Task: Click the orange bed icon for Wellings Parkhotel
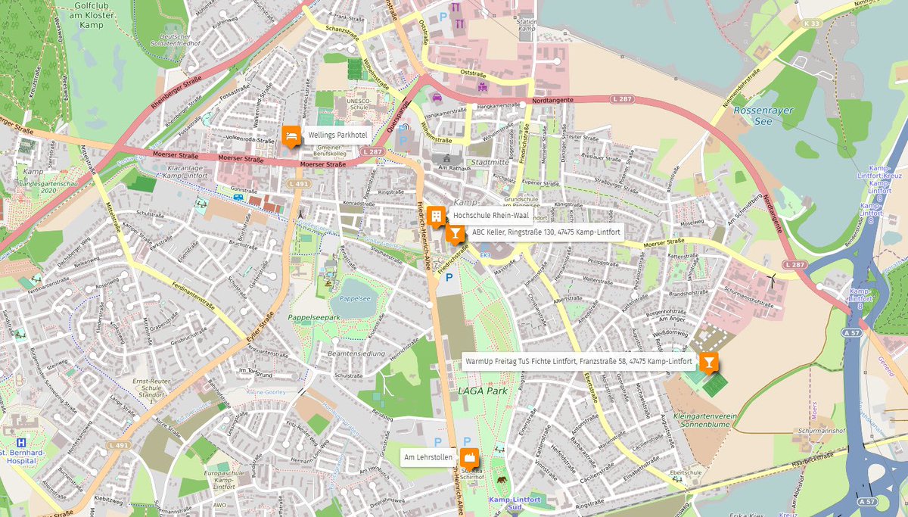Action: click(x=290, y=135)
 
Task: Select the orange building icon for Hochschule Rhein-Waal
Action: click(x=436, y=216)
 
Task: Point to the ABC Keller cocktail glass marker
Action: click(x=455, y=234)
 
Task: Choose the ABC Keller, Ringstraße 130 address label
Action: click(x=546, y=232)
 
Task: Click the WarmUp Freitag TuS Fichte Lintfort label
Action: click(x=578, y=362)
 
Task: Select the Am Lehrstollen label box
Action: click(x=428, y=457)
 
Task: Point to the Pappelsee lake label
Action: click(x=354, y=298)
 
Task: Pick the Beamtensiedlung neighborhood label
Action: click(x=357, y=353)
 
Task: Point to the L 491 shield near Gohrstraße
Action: click(x=298, y=184)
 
